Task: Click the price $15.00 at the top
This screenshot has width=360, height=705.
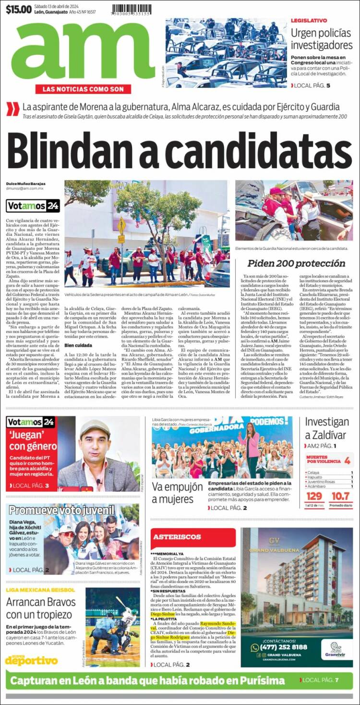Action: (19, 9)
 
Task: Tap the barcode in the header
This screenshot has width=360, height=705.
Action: (132, 10)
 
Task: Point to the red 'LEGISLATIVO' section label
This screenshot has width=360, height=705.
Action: (309, 21)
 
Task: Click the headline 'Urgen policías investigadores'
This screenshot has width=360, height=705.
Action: (322, 39)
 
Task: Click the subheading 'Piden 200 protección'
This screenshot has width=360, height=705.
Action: (296, 263)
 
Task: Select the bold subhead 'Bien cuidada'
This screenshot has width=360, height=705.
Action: (78, 345)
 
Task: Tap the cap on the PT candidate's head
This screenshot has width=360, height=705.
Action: (95, 427)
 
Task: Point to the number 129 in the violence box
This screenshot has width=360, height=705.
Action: (314, 496)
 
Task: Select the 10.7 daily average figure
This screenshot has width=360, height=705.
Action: (341, 496)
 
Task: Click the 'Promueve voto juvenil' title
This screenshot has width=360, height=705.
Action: (61, 510)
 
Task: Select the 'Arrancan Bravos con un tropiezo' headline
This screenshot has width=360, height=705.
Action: (41, 608)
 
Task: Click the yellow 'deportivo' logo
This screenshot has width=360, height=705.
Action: (31, 660)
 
